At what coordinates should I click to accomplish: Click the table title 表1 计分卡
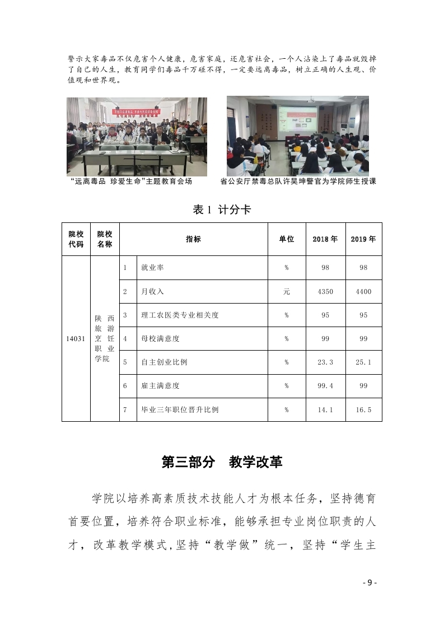coord(222,210)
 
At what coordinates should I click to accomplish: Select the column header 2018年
coord(325,239)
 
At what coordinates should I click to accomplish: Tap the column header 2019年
coord(363,239)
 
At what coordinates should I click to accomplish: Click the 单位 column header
coord(286,239)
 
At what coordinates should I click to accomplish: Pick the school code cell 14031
coord(76,338)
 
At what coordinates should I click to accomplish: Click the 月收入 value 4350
coord(325,292)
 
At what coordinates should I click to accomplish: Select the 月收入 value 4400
coord(363,292)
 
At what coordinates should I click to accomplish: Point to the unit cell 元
coord(286,292)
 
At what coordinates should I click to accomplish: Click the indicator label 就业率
coord(152,268)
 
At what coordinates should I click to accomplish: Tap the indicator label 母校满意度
coord(160,339)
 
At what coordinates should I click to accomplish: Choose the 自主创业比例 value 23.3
coord(325,362)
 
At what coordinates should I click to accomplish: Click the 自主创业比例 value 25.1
coord(363,362)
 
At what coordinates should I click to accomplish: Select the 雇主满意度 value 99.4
coord(325,386)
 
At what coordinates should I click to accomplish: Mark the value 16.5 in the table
coord(363,409)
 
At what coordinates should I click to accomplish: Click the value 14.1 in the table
coord(325,409)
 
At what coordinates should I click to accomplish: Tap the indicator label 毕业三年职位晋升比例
coord(180,409)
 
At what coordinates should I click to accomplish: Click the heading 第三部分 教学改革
coord(222,462)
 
